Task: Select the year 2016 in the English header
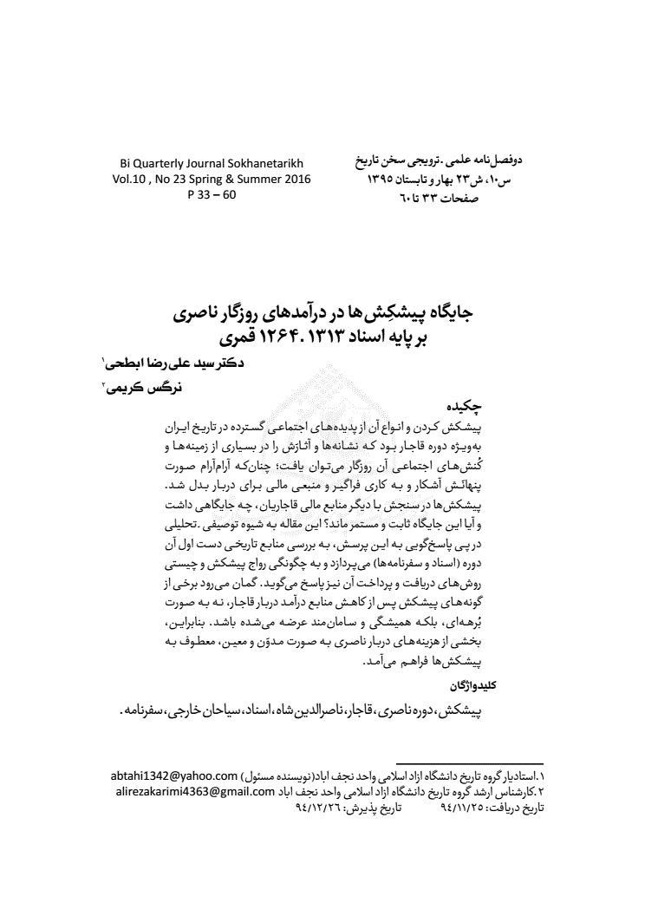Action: pyautogui.click(x=292, y=180)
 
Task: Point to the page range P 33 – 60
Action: pyautogui.click(x=212, y=194)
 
